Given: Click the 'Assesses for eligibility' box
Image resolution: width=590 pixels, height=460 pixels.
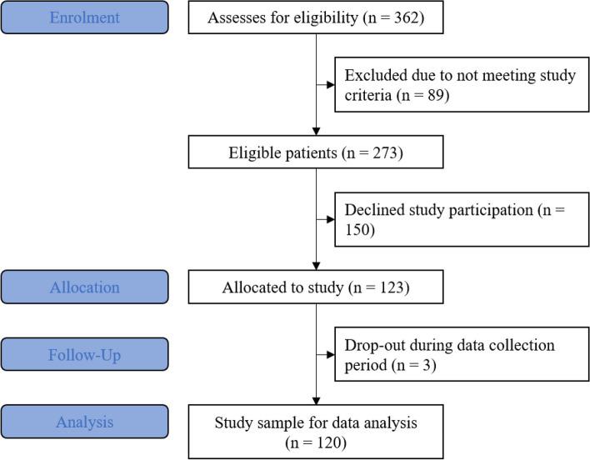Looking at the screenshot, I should tap(315, 17).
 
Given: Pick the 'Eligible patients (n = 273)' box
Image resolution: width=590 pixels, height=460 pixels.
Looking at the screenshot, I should tap(315, 153).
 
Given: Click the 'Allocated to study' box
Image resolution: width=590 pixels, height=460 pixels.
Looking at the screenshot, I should tap(315, 288).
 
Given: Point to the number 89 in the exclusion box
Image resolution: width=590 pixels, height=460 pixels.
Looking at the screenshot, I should tap(432, 96).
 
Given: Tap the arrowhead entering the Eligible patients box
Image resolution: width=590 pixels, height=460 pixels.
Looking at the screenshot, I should tap(315, 132).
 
